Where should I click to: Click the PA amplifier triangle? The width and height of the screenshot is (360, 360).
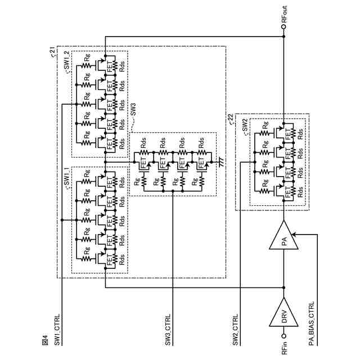click(x=283, y=235)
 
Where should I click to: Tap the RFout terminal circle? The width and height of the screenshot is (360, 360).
click(x=283, y=27)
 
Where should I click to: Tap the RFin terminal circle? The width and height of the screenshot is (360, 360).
click(x=283, y=336)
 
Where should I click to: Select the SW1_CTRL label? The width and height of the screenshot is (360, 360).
click(x=57, y=330)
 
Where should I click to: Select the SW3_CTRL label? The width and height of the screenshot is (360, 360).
click(x=168, y=330)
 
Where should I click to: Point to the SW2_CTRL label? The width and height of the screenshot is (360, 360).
click(x=235, y=330)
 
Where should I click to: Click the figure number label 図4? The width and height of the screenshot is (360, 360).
click(x=45, y=340)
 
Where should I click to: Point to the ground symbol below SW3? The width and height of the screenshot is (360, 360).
click(x=221, y=162)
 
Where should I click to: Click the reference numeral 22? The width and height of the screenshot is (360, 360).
click(x=231, y=118)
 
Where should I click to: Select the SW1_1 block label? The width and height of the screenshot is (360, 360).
click(x=66, y=179)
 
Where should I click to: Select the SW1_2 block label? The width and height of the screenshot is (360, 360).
click(x=66, y=62)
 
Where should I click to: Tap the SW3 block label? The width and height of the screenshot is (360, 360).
click(x=133, y=110)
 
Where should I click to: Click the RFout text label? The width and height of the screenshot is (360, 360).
click(x=284, y=14)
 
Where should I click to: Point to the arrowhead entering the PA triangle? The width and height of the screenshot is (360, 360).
click(x=294, y=235)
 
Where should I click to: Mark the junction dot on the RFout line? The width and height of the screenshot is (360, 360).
click(x=283, y=36)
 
